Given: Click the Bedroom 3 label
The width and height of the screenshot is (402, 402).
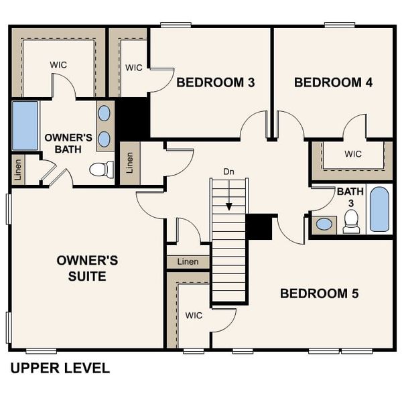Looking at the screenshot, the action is (216, 82).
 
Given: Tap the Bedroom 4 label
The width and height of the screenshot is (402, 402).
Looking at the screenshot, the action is (333, 82).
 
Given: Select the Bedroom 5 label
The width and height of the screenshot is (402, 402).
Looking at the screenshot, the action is (319, 293).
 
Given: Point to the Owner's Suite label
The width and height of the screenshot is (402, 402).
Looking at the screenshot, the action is (87, 269).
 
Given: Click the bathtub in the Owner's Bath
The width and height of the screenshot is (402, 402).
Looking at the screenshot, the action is (25, 126).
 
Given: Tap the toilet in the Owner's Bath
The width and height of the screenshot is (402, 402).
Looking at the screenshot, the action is (102, 170).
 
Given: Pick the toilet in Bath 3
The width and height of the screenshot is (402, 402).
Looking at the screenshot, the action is (351, 222).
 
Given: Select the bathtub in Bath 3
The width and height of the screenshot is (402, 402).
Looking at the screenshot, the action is (379, 209).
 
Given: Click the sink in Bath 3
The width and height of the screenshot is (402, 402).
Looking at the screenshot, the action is (324, 224).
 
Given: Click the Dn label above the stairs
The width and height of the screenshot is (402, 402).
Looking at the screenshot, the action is (228, 172).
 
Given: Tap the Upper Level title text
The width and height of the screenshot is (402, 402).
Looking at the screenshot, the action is (60, 368).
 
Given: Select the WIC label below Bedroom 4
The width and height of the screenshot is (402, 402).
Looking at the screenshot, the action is (353, 154).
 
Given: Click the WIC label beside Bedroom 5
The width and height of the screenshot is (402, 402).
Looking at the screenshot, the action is (194, 316).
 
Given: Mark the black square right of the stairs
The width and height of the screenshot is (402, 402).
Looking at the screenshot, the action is (259, 227).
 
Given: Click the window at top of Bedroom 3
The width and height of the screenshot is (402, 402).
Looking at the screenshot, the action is (176, 25).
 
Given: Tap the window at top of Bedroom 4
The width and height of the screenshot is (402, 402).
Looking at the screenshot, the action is (340, 25).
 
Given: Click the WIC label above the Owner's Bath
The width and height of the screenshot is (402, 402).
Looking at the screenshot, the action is (58, 65).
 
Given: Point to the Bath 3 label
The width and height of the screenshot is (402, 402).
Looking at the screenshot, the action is (350, 197).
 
